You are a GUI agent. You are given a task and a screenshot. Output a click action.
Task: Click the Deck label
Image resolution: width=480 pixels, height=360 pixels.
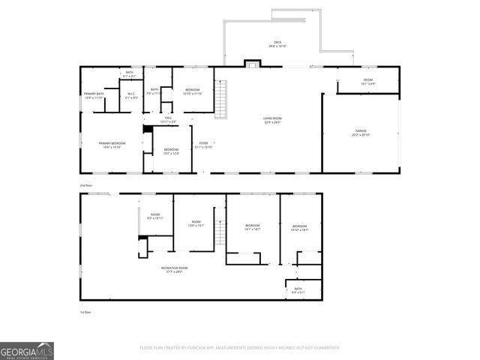pos(277,44)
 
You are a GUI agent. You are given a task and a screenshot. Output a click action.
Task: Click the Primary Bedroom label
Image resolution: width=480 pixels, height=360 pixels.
pos(112,144)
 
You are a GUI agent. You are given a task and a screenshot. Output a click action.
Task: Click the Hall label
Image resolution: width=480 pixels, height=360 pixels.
pos(169,119)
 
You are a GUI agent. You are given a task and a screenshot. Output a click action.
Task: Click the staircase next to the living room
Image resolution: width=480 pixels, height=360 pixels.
pos(220,99)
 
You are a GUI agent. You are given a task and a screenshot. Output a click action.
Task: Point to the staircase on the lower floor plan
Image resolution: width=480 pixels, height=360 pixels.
pos(220,233)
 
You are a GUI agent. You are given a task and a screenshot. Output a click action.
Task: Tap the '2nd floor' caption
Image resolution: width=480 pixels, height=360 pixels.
pos(87,184)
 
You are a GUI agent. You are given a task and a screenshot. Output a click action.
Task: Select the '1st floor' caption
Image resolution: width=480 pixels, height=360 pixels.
pos(85,311)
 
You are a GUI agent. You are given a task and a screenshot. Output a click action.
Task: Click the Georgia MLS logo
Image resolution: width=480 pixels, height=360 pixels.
pos(27,350)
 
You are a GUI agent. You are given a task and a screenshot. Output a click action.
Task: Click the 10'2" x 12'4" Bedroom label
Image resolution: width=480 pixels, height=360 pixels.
pos(171,151)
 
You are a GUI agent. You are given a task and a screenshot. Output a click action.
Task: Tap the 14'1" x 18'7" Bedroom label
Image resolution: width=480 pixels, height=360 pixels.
pos(252,227)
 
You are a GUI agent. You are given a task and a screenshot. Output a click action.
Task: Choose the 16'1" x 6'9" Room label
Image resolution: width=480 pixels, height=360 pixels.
pos(367,81)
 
